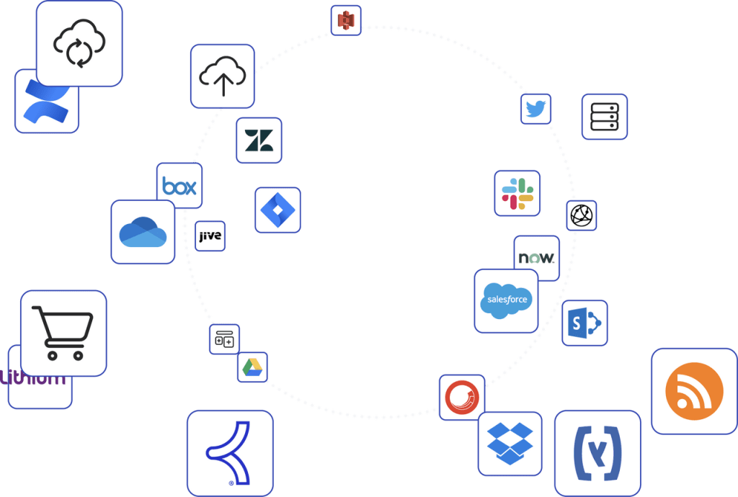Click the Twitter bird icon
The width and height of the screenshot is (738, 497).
535,109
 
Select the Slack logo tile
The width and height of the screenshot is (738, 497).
517,193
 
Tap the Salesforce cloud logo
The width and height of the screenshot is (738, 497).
506,300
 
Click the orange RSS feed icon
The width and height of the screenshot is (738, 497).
693,391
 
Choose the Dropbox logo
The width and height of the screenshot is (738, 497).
510,443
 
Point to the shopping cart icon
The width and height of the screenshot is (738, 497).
63,333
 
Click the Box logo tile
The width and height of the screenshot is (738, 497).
179,187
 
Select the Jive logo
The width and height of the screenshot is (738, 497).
210,236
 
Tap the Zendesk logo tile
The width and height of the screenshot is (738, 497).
259,140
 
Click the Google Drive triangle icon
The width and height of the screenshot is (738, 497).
252,367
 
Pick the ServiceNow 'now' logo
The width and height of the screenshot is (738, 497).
536,257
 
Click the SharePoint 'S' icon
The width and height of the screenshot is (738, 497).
584,323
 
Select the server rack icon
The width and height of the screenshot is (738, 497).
604,117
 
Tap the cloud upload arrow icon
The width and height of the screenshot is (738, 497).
222,76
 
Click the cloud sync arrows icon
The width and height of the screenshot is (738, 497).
79,44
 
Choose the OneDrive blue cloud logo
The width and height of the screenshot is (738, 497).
143,232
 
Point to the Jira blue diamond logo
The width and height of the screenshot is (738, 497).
277,210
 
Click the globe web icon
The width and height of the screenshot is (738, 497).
581,215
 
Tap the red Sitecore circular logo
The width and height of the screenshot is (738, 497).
462,397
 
